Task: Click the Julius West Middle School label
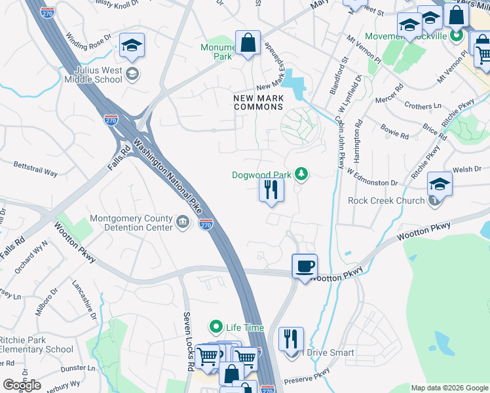(x=93, y=74)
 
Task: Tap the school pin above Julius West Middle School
(x=132, y=46)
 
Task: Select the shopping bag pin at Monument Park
(x=248, y=44)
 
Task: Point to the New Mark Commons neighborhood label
(x=258, y=102)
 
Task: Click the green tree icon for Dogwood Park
(x=301, y=174)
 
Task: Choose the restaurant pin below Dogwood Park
(x=271, y=191)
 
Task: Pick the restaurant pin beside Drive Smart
(x=291, y=340)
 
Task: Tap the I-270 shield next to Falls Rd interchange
(x=111, y=120)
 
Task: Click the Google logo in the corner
(x=22, y=385)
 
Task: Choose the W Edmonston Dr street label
(x=372, y=178)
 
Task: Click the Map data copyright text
(x=449, y=388)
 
